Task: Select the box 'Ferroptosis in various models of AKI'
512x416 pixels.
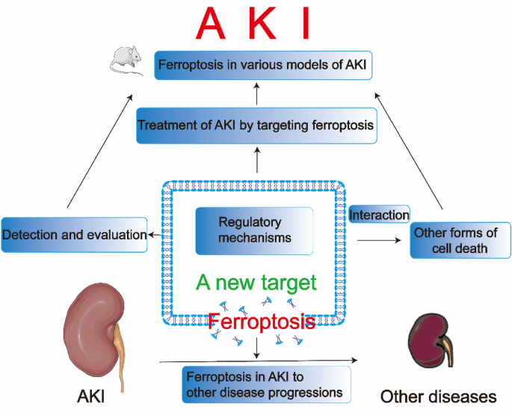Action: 263,65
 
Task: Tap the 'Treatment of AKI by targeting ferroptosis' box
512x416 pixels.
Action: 255,126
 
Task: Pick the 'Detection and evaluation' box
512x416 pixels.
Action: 75,234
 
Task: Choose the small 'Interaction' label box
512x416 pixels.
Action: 379,215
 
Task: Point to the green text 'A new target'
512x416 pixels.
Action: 256,283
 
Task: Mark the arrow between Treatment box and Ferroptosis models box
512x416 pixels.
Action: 256,95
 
